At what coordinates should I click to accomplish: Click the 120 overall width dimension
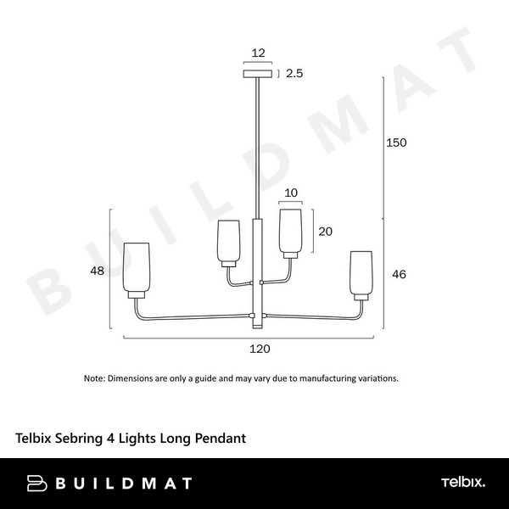click(x=259, y=349)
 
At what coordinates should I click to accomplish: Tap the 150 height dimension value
click(x=397, y=143)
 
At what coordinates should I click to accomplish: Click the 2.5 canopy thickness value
click(x=294, y=74)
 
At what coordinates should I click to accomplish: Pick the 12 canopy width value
click(x=259, y=53)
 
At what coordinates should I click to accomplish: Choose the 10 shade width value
click(x=291, y=193)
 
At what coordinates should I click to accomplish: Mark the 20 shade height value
click(x=325, y=231)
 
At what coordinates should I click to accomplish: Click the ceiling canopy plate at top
click(x=259, y=74)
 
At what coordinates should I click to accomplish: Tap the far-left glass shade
click(x=137, y=269)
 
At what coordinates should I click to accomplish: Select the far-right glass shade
click(x=362, y=272)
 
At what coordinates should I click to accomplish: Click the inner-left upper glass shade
click(x=229, y=242)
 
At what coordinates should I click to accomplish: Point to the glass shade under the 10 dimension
click(x=290, y=232)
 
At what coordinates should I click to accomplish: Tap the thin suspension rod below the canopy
click(x=257, y=144)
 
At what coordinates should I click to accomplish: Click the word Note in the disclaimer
click(x=93, y=378)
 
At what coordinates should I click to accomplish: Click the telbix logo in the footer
click(x=462, y=483)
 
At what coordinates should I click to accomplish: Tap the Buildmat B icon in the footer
click(x=36, y=484)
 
